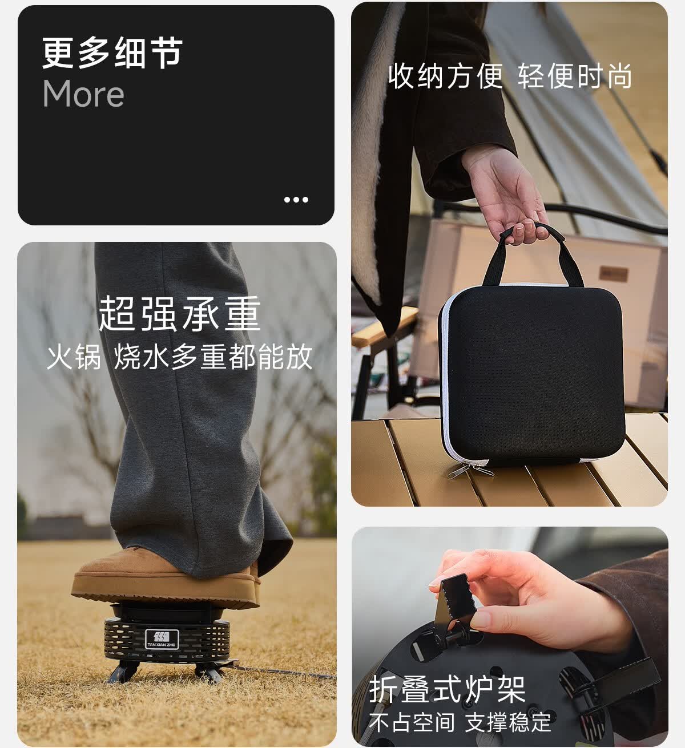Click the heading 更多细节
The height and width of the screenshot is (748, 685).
tap(112, 54)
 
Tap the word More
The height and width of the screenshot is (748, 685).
tap(83, 94)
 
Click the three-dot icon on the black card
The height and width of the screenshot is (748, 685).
tap(296, 200)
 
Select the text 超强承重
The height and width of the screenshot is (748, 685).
tap(179, 314)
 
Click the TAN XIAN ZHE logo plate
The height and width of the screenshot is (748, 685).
tap(162, 639)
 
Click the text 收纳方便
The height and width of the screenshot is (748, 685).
tap(445, 76)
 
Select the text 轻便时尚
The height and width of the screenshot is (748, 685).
tap(575, 76)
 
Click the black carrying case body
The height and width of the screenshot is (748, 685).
tap(531, 371)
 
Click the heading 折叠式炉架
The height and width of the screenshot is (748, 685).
tap(447, 689)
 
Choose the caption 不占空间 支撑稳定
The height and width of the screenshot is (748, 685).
tap(460, 722)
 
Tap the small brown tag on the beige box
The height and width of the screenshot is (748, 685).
tap(614, 274)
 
